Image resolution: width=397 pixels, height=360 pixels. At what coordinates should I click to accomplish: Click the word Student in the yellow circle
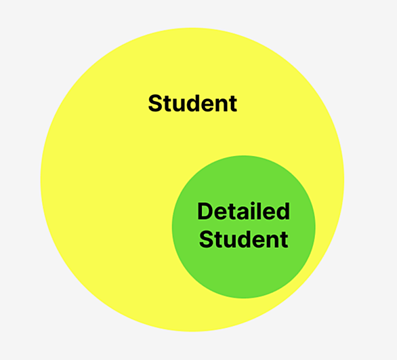tap(192, 103)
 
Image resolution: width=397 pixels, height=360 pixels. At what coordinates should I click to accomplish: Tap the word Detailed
tap(244, 212)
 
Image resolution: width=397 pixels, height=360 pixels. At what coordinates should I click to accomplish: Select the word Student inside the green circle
tap(244, 239)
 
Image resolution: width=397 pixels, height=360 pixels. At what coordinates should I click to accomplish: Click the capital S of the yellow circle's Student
tap(155, 103)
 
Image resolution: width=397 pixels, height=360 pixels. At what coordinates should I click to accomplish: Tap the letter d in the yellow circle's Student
tap(194, 103)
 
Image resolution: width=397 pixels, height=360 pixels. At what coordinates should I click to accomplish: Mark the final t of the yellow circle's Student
tap(234, 104)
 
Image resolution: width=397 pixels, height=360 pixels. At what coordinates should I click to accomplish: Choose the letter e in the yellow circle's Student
tap(209, 105)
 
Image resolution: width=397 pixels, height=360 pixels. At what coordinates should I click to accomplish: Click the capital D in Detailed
tap(205, 212)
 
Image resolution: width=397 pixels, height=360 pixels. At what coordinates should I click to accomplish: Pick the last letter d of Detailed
tap(283, 212)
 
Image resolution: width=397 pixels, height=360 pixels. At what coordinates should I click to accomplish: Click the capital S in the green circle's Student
tap(207, 239)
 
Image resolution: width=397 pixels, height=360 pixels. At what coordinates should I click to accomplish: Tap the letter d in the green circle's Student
tap(245, 239)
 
